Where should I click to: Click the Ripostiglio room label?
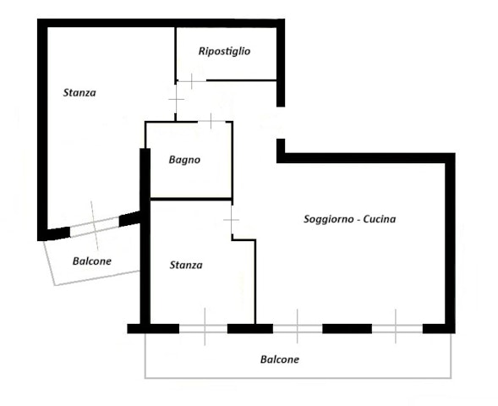(224, 52)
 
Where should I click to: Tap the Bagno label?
(184, 160)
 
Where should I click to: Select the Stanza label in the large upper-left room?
(79, 93)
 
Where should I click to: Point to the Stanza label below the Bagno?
(186, 265)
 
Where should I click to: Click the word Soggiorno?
(328, 219)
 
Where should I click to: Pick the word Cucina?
(380, 219)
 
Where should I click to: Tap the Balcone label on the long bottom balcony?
(280, 359)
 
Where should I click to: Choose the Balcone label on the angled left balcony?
(92, 261)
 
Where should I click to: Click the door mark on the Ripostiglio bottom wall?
(192, 81)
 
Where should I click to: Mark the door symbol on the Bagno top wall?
(211, 121)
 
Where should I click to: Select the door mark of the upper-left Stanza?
(176, 99)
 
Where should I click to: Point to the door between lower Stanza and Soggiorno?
(232, 220)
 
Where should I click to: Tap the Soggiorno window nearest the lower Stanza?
(298, 328)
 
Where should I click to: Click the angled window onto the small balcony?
(95, 227)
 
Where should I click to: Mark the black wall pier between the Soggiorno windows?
(348, 328)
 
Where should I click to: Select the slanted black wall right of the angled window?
(130, 218)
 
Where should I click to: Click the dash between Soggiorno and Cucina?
(358, 220)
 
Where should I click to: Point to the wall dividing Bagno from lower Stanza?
(191, 199)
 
